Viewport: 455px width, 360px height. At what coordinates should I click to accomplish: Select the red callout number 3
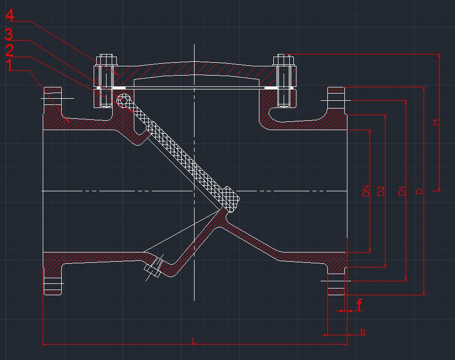(9, 35)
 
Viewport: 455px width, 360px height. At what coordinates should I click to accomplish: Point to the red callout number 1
(9, 65)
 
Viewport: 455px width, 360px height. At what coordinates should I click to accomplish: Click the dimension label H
(435, 122)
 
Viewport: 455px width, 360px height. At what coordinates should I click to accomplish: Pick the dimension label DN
(366, 191)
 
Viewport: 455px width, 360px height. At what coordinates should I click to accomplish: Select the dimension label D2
(381, 191)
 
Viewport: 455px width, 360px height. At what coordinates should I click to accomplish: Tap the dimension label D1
(402, 191)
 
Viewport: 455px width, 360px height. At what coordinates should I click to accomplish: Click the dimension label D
(419, 191)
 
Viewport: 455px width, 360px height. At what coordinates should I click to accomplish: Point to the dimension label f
(359, 305)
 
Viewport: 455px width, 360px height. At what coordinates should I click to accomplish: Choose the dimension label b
(363, 332)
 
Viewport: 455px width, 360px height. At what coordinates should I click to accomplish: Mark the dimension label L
(194, 341)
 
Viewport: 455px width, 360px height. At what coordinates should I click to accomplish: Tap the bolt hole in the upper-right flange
(337, 97)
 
